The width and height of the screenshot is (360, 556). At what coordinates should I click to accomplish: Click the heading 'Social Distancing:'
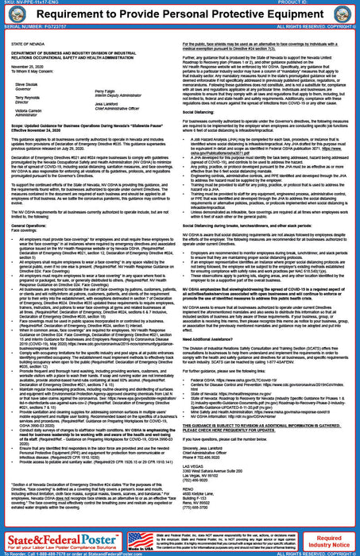[x=207, y=112]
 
